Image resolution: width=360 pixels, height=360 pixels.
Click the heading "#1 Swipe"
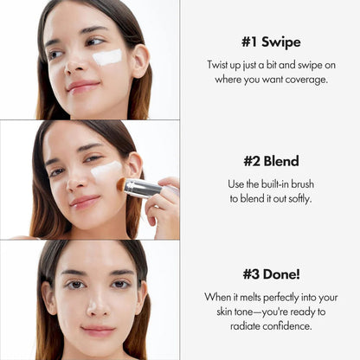[x=270, y=42]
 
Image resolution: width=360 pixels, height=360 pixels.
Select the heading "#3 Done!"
[x=270, y=275]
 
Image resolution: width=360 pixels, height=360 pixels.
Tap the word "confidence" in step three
[x=288, y=326]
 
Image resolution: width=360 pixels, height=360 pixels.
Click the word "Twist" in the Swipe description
[x=221, y=66]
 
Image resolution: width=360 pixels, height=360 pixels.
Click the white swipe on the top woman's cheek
[x=107, y=57]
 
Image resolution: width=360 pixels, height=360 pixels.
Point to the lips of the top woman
[x=84, y=86]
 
